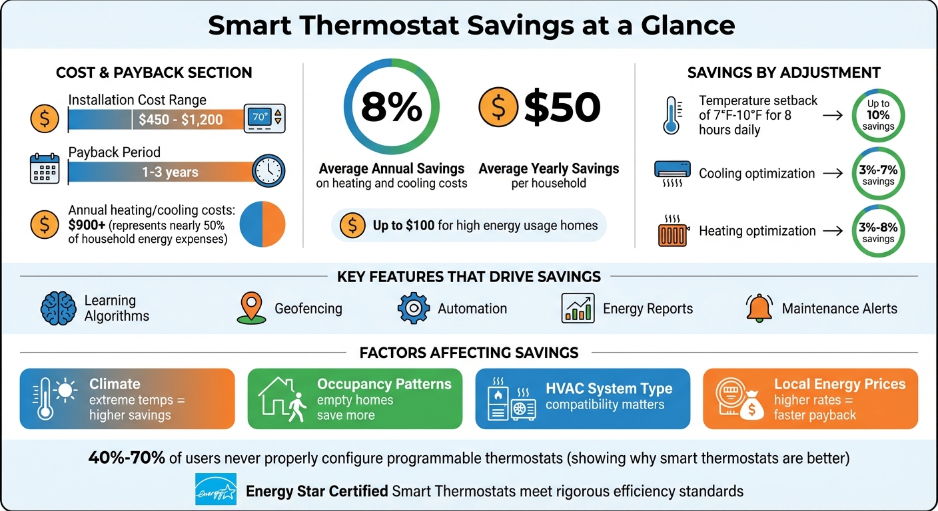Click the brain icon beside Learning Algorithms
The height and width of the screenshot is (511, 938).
58,309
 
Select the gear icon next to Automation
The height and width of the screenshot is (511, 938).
414,309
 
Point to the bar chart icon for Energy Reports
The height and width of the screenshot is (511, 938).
577,309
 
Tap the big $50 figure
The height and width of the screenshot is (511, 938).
562,107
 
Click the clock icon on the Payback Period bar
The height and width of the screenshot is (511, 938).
268,171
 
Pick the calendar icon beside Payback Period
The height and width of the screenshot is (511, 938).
45,169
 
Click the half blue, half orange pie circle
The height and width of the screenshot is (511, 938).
262,224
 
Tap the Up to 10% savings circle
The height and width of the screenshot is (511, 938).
878,115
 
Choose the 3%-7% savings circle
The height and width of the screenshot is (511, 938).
878,174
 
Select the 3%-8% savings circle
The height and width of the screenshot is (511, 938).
878,231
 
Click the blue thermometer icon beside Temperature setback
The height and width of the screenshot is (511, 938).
671,115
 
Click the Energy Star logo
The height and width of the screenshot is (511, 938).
215,490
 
